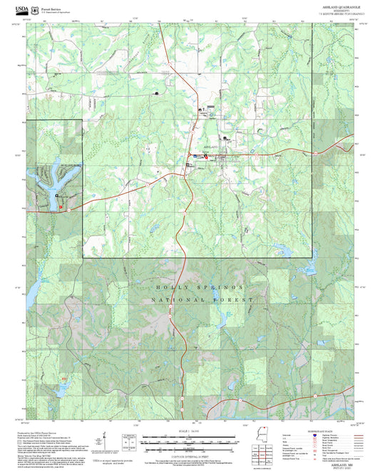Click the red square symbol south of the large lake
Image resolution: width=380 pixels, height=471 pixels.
coord(61,207)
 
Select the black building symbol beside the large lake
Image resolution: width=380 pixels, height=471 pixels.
coord(56,194)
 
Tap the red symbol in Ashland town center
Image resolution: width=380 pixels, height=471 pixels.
coord(205,156)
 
